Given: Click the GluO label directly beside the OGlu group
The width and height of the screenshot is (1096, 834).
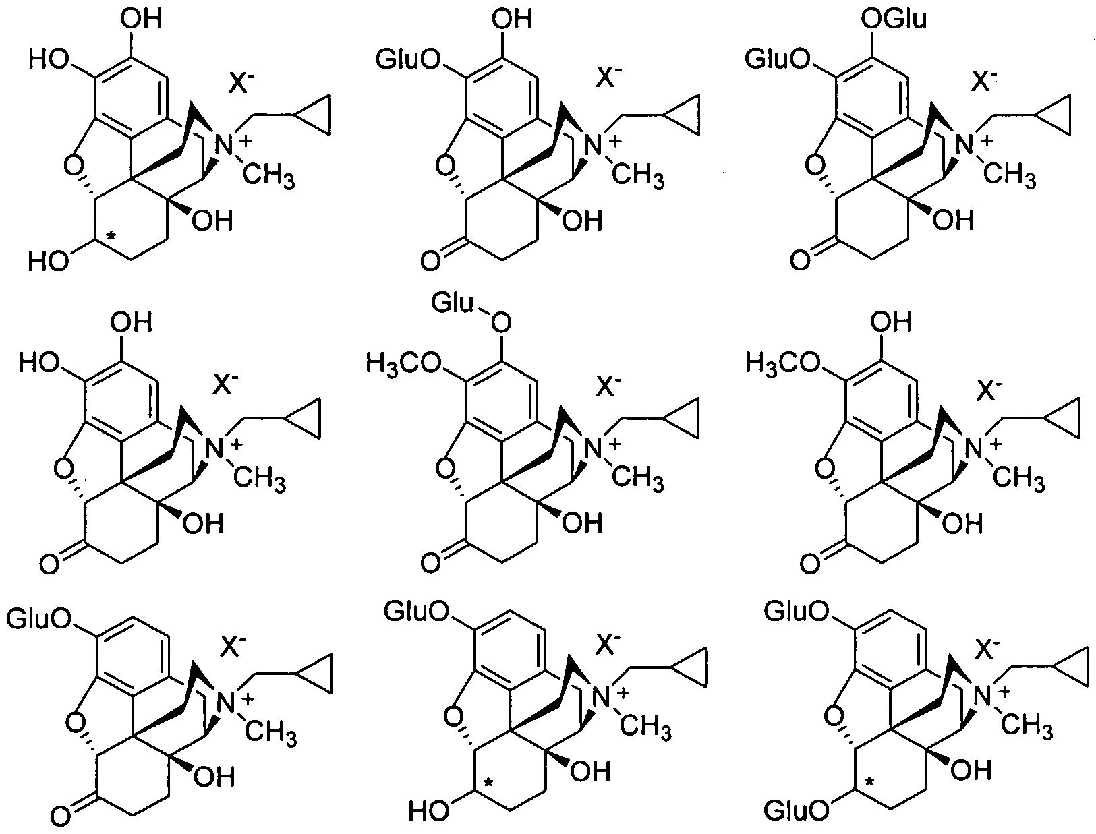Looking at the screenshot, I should [776, 59].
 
